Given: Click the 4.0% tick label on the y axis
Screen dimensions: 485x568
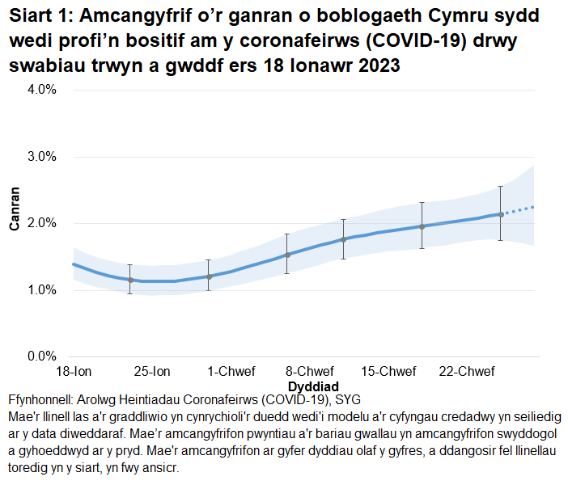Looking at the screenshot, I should pyautogui.click(x=40, y=90).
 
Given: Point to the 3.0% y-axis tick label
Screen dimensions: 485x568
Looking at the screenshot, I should pyautogui.click(x=40, y=157).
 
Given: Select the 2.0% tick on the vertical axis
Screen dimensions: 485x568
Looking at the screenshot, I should pyautogui.click(x=40, y=223).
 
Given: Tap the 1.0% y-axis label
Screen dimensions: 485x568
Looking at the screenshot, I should pyautogui.click(x=40, y=290).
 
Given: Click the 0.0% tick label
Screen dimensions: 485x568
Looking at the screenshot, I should pyautogui.click(x=40, y=356).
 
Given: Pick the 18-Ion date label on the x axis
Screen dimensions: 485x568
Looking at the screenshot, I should pyautogui.click(x=73, y=372).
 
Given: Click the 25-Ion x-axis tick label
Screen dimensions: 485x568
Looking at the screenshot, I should pyautogui.click(x=152, y=372).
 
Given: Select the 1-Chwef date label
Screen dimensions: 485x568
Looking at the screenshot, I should pyautogui.click(x=231, y=372).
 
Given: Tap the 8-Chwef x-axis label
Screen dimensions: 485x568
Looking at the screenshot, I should pyautogui.click(x=312, y=372).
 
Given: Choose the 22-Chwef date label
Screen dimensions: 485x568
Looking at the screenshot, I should pyautogui.click(x=467, y=372).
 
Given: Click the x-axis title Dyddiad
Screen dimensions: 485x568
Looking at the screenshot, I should pyautogui.click(x=312, y=386).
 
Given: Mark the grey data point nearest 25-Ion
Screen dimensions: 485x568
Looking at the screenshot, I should pyautogui.click(x=130, y=280).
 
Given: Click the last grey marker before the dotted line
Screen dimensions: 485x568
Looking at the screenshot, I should pyautogui.click(x=501, y=214).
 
